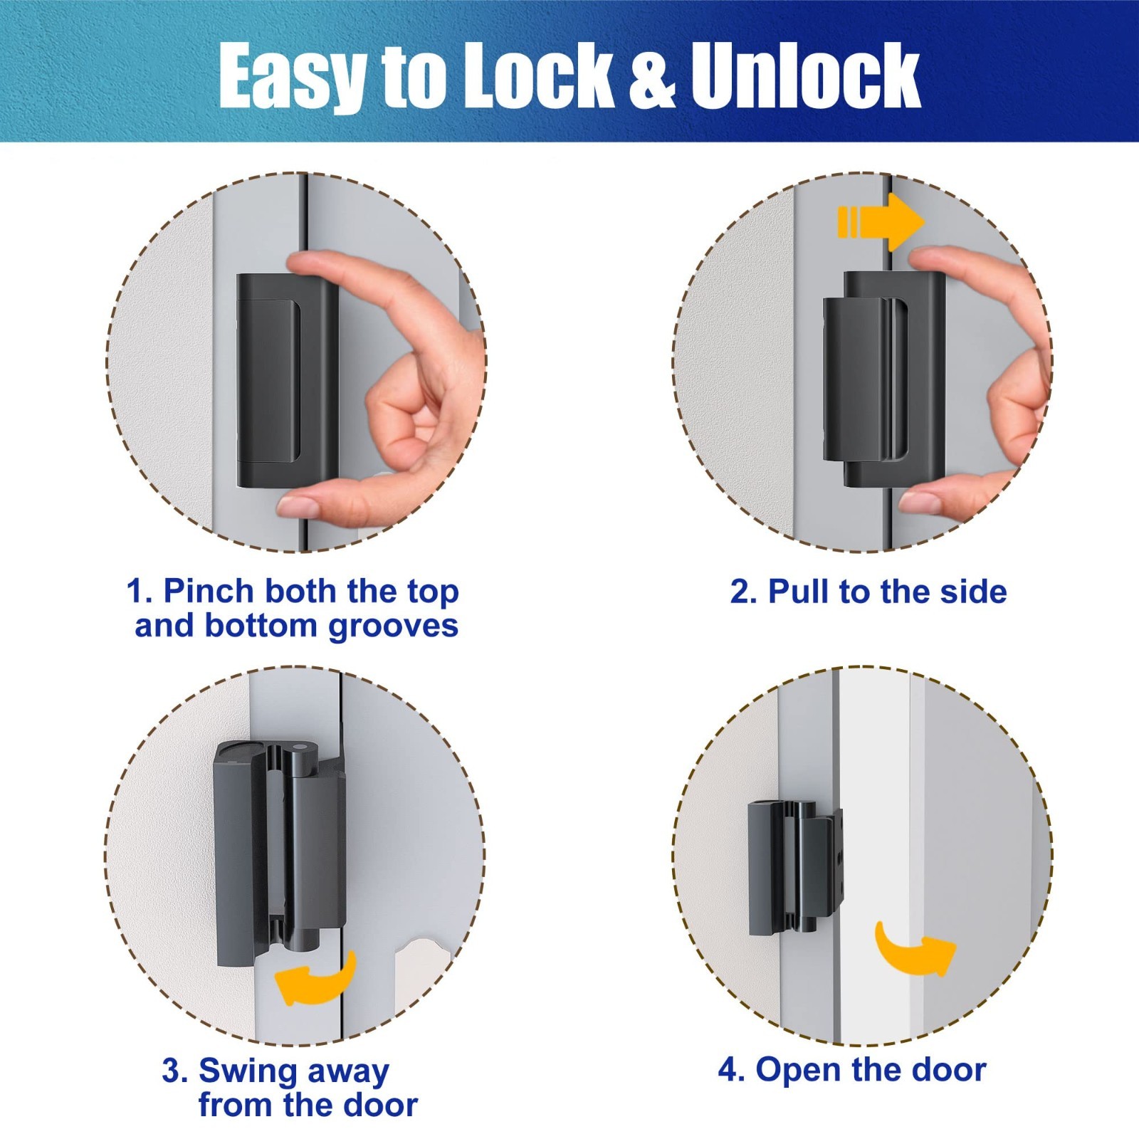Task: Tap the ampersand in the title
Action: coord(650,76)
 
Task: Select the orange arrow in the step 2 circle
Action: coord(881,221)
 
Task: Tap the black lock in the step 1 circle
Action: coord(287,381)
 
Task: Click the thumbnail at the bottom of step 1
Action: coord(298,508)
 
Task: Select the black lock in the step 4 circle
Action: coord(795,868)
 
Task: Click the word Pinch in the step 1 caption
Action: coord(209,591)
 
